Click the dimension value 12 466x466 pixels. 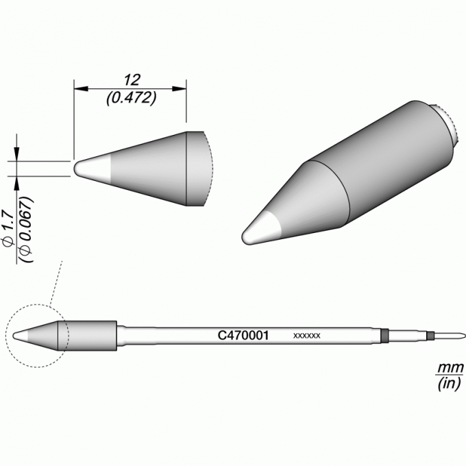[x=132, y=80]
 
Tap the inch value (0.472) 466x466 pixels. [x=132, y=98]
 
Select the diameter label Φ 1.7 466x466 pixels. [x=8, y=228]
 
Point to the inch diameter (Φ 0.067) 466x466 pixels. [x=26, y=229]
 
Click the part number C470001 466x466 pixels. [x=243, y=336]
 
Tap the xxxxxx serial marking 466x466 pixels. [x=307, y=336]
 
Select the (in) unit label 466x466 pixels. [x=450, y=383]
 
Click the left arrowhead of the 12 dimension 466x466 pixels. [x=81, y=88]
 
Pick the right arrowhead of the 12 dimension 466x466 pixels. [x=180, y=88]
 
